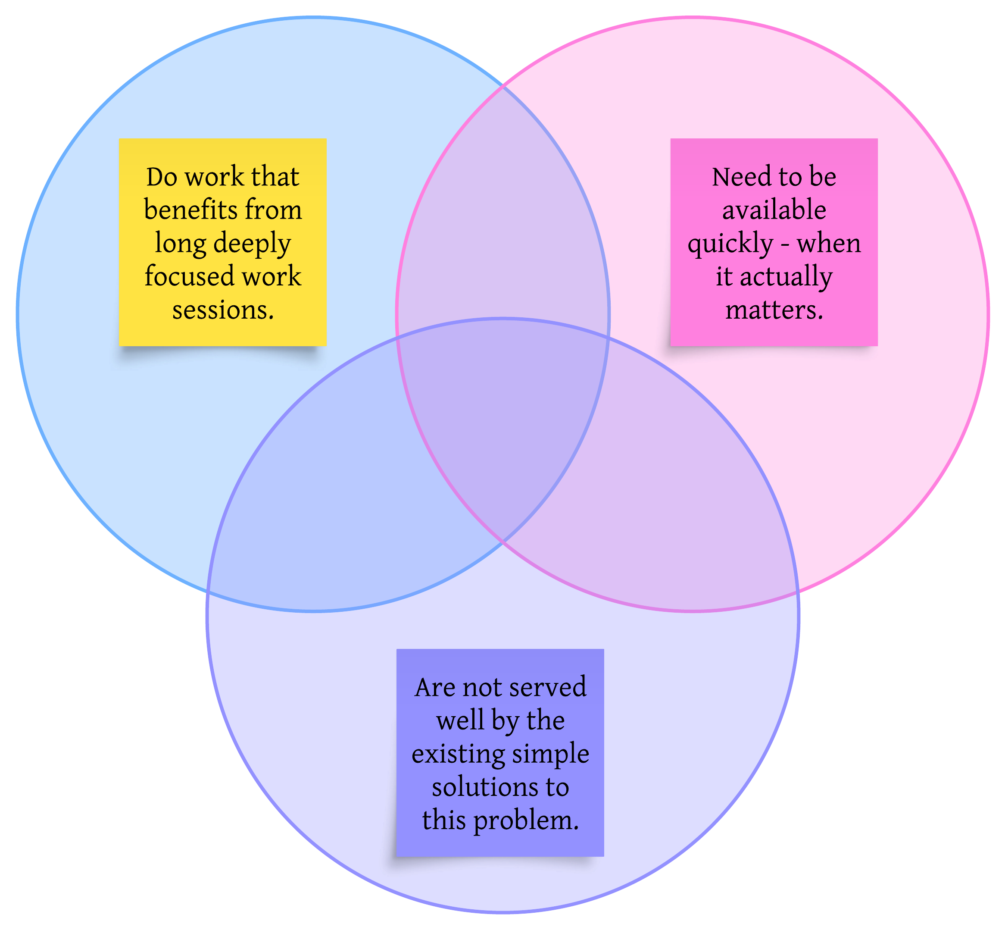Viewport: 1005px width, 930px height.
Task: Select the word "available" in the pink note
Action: [774, 210]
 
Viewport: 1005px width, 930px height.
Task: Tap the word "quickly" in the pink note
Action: [730, 244]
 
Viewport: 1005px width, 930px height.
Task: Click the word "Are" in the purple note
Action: [435, 687]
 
